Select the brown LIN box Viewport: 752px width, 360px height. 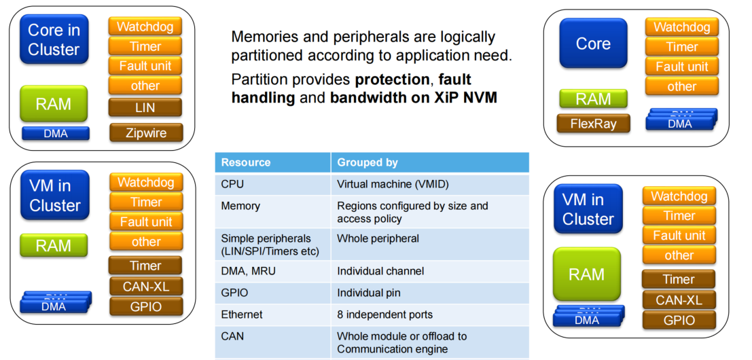coord(145,107)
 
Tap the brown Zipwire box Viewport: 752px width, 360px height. coord(146,132)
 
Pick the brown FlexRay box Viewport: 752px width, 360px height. coord(593,124)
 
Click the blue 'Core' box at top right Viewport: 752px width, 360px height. coord(593,43)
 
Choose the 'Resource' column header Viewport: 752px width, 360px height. coord(246,162)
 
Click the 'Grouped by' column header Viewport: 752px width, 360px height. coord(368,162)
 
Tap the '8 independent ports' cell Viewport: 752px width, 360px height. coord(384,314)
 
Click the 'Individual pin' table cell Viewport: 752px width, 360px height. coord(369,293)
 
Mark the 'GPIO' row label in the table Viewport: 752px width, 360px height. coord(234,293)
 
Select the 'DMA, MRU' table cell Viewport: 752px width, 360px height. coord(249,271)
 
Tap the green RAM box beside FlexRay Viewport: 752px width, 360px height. coord(593,99)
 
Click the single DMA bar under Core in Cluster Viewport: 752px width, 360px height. coord(55,134)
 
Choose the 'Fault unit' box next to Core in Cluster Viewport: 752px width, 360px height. coord(145,66)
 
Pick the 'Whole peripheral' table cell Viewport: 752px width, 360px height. coord(378,238)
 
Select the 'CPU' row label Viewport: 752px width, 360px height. coord(232,183)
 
